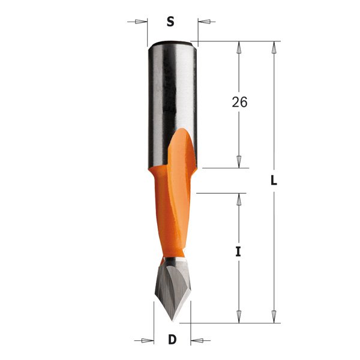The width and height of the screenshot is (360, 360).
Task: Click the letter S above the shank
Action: [x=170, y=22]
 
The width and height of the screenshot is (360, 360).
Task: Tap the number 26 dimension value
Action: [x=239, y=102]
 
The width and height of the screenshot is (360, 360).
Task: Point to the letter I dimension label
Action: [x=238, y=253]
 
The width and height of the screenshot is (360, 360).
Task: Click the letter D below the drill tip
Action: [x=172, y=340]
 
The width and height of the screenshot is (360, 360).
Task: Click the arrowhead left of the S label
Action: [x=141, y=22]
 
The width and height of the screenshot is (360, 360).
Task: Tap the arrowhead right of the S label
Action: [x=204, y=22]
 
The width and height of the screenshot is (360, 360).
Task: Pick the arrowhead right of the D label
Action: [x=197, y=340]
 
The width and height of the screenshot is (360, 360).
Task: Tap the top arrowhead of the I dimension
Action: [x=239, y=200]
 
